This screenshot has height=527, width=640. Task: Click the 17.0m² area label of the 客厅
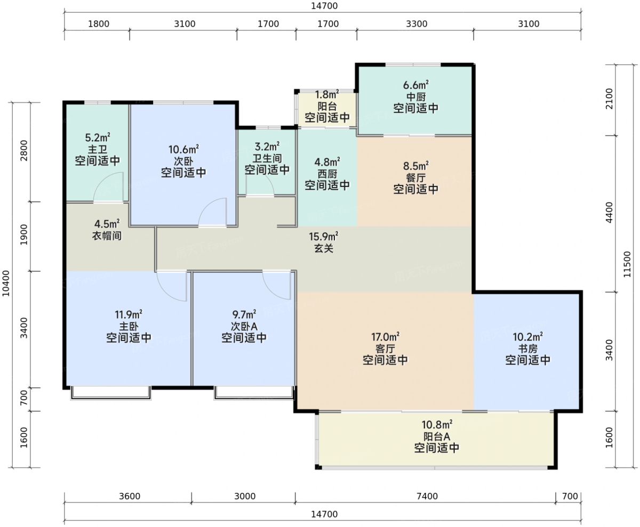[x=385, y=337]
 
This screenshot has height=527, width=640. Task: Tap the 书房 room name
[x=527, y=348]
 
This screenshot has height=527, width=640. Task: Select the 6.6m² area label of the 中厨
[x=415, y=85]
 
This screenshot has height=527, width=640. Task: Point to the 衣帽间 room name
[x=107, y=236]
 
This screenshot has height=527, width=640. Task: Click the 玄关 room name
[x=324, y=248]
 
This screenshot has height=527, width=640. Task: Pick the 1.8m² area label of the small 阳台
[x=327, y=94]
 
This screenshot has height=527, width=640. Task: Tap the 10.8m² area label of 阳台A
[x=437, y=425]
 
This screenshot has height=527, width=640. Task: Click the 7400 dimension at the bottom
[x=427, y=496]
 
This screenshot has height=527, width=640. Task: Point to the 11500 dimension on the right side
[x=627, y=264]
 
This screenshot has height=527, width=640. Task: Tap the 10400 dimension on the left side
[x=6, y=283]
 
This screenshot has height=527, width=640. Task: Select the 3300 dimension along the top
[x=417, y=24]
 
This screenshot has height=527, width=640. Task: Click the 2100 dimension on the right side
[x=610, y=99]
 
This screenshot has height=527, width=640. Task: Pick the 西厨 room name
[x=327, y=174]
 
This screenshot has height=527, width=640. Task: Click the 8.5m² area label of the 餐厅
[x=415, y=166]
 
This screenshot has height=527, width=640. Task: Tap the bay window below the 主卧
[x=110, y=393]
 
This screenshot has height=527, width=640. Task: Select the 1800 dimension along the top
[x=99, y=24]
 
